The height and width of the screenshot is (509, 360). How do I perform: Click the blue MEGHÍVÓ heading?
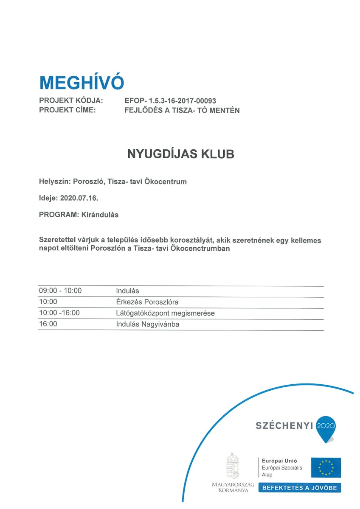82,82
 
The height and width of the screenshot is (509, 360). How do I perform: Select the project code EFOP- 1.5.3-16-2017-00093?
170,101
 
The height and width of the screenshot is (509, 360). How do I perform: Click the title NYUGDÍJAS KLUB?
181,154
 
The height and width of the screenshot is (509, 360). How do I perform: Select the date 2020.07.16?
81,198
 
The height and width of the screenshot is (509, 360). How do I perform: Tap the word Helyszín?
55,182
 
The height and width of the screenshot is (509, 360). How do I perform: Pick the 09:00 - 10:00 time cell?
60,291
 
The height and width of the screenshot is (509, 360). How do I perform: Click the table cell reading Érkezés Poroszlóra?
147,302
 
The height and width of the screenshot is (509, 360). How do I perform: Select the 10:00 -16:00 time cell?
59,313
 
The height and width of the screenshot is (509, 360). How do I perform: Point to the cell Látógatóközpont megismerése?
166,313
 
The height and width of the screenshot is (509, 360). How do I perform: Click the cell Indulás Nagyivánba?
148,324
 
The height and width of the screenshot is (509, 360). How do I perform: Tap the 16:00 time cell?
48,324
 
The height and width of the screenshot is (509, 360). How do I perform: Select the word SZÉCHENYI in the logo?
284,426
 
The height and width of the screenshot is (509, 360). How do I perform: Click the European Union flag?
326,467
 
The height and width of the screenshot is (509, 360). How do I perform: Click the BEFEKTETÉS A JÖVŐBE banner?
300,488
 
